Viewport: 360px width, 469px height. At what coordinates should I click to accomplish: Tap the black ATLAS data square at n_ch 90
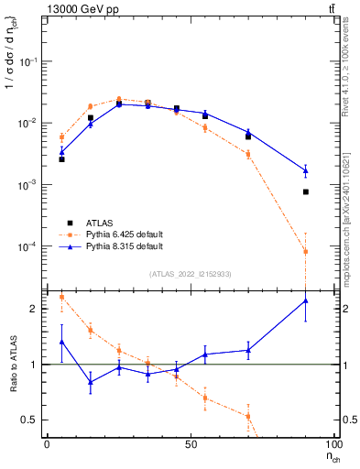(x=306, y=191)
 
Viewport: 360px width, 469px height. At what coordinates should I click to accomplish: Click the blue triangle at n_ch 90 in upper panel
(x=306, y=170)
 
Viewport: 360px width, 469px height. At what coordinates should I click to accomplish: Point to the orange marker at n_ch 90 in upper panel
(x=306, y=252)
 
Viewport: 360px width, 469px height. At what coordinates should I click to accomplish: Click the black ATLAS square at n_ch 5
(x=61, y=159)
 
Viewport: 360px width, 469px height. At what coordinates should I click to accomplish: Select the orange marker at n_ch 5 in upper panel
(x=61, y=137)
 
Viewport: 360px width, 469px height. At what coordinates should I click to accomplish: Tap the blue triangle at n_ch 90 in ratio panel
(x=306, y=300)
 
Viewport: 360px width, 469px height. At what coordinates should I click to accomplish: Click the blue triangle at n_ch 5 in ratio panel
(x=61, y=342)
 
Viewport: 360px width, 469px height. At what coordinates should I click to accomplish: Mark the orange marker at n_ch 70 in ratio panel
(x=248, y=416)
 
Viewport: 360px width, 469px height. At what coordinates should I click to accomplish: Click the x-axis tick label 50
(x=191, y=444)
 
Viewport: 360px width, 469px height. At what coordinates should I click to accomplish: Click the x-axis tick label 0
(x=48, y=444)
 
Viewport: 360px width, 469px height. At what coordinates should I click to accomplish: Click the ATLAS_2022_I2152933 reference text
(x=190, y=273)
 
